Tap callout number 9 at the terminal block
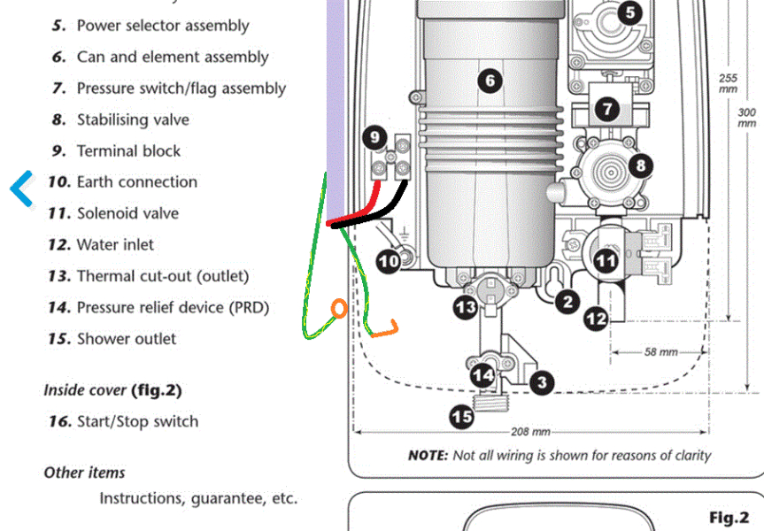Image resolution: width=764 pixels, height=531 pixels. (374, 137)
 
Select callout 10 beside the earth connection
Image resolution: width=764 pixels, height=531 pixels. (389, 261)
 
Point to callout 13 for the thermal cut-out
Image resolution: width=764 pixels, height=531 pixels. (466, 308)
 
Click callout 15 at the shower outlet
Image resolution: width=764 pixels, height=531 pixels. (461, 416)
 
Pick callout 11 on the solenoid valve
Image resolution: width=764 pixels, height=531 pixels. (606, 261)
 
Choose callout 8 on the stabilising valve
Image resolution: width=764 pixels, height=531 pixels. (639, 165)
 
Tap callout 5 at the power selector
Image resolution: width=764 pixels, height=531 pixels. (629, 12)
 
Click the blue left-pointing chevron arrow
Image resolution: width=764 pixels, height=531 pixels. (22, 188)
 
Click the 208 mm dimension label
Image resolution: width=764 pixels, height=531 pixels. (530, 433)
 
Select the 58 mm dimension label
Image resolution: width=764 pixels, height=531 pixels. (660, 352)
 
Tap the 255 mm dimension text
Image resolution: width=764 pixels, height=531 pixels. (728, 83)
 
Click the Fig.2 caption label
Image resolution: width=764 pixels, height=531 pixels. (729, 517)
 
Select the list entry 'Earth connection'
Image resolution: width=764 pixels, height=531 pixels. (136, 182)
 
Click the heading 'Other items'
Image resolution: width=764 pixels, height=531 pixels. (84, 473)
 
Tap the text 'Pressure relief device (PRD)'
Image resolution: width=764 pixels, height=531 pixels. (173, 308)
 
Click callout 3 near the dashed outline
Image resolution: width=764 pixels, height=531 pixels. (541, 382)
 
